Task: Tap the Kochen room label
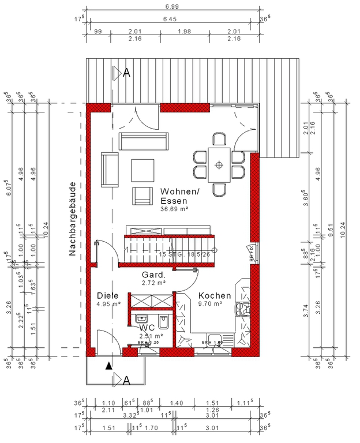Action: coord(214,296)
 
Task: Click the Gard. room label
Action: coord(153,275)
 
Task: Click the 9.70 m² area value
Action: coord(210,304)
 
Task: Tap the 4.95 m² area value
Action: coord(108,304)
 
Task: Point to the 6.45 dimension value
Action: coord(171,19)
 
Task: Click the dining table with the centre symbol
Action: coord(219,164)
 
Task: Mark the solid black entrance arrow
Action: coord(108,365)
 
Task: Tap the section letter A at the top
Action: coord(126,73)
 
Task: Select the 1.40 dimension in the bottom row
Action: coord(176,403)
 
